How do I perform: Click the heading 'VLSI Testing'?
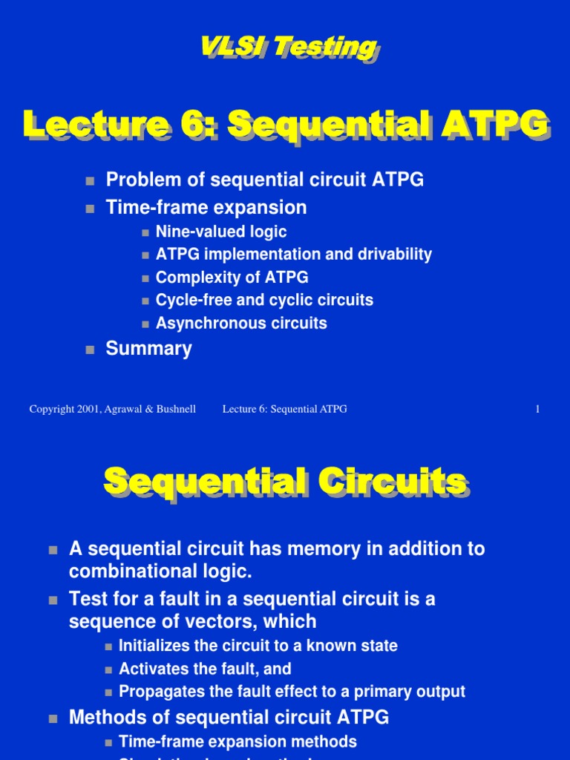point(288,47)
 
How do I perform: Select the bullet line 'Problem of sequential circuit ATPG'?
point(264,180)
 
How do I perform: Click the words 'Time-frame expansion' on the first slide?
point(206,207)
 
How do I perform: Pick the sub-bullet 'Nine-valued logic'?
point(220,232)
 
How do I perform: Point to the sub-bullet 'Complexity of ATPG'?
point(232,278)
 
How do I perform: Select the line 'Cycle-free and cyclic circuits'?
point(264,301)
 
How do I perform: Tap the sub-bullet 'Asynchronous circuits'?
point(241,324)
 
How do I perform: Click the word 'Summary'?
point(148,349)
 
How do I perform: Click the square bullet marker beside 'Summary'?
point(91,350)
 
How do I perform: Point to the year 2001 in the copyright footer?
point(85,409)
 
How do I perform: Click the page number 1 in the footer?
point(537,409)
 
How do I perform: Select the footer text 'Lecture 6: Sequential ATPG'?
point(284,409)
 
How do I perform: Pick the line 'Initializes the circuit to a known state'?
point(258,646)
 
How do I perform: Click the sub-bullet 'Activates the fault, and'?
point(205,669)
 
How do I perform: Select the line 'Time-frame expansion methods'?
point(237,741)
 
